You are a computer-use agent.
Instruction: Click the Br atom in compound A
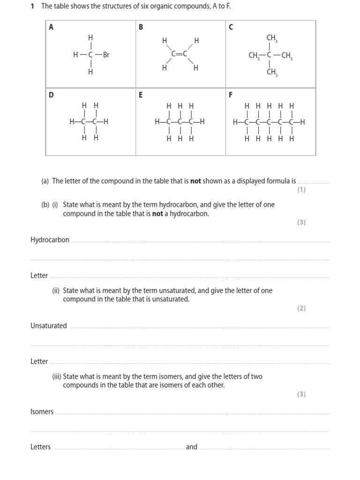pyautogui.click(x=106, y=55)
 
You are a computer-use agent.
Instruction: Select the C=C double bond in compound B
pyautogui.click(x=180, y=54)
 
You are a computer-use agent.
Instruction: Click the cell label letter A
pyautogui.click(x=51, y=27)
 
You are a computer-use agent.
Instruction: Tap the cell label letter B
pyautogui.click(x=141, y=27)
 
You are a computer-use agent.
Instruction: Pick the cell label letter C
pyautogui.click(x=231, y=27)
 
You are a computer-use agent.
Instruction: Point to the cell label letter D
pyautogui.click(x=52, y=95)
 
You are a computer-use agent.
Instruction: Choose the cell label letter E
pyautogui.click(x=141, y=95)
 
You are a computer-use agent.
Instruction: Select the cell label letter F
pyautogui.click(x=231, y=95)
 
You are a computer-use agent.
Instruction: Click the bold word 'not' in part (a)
pyautogui.click(x=195, y=181)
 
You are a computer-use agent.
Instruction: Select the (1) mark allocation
pyautogui.click(x=301, y=190)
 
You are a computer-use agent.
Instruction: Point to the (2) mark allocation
pyautogui.click(x=301, y=308)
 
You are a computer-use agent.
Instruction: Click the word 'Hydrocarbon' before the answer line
pyautogui.click(x=50, y=240)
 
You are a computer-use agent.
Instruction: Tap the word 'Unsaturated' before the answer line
pyautogui.click(x=49, y=326)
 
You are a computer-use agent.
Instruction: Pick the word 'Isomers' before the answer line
pyautogui.click(x=42, y=412)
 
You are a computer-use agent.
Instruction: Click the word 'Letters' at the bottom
pyautogui.click(x=41, y=447)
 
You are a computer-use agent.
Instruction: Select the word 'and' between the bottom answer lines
pyautogui.click(x=192, y=447)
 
